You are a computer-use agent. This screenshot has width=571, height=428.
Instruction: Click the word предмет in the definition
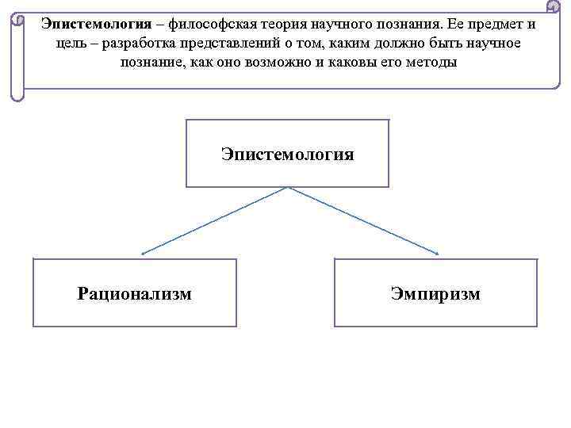pos(495,24)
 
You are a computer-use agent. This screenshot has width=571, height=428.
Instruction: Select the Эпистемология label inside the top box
pos(287,154)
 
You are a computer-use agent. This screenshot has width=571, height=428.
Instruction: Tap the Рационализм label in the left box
pos(134,294)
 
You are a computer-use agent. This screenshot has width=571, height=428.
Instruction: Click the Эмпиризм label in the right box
pos(435,294)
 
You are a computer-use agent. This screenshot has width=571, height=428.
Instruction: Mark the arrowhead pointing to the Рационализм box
pos(143,253)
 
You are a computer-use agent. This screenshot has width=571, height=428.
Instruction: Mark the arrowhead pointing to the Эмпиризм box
pos(437,253)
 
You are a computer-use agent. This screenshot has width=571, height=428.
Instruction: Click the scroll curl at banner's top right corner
pos(554,7)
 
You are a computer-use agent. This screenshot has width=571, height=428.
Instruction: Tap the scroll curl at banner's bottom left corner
pos(17,95)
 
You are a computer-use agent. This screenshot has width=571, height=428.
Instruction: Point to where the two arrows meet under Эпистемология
pos(288,188)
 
